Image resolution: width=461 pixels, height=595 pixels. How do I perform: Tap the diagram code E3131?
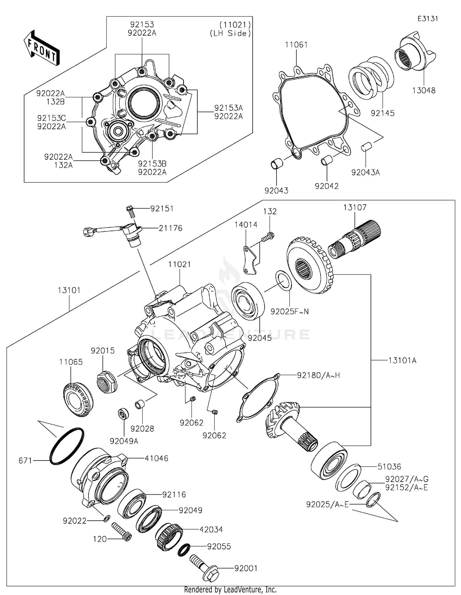[428, 19]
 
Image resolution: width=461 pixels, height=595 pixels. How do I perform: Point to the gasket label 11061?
[296, 45]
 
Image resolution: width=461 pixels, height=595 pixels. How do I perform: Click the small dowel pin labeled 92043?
[276, 163]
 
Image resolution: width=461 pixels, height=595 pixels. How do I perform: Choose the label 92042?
[326, 186]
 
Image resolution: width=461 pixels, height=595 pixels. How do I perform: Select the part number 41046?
[156, 458]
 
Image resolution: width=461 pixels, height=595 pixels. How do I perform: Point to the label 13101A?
[402, 360]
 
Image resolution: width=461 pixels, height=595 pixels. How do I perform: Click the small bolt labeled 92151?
[130, 211]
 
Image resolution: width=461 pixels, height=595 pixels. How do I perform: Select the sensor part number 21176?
[171, 228]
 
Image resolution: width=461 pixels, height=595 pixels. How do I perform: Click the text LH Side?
[230, 33]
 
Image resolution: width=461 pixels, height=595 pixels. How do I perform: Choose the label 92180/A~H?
[318, 375]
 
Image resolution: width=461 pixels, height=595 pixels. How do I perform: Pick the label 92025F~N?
[290, 312]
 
